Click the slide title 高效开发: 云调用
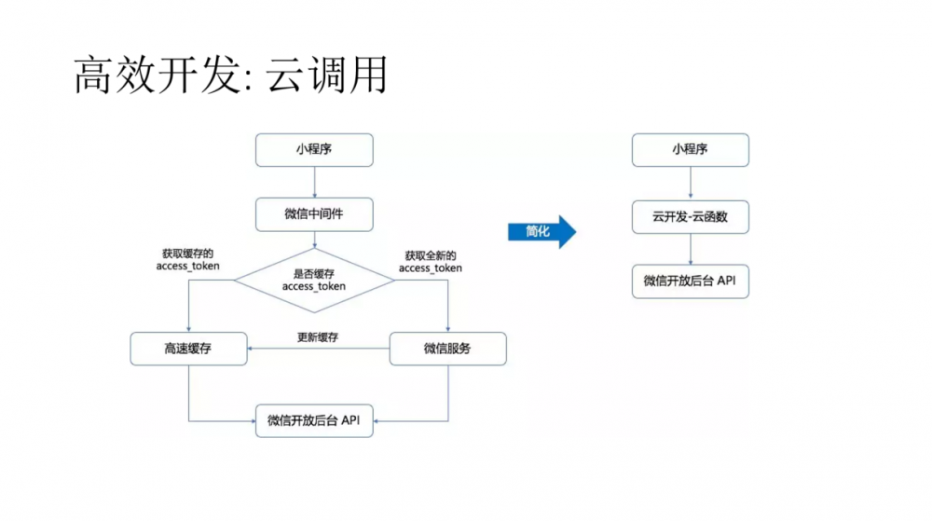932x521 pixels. tap(229, 75)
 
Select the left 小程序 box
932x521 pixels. tap(314, 150)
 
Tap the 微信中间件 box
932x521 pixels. tap(314, 214)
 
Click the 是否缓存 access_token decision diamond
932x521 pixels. tap(314, 280)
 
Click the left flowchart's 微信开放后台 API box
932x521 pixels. tap(314, 420)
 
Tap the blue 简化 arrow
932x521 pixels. tap(541, 231)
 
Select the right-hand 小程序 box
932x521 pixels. tap(690, 150)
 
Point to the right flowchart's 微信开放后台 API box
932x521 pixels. tap(690, 281)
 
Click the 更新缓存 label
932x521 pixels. tap(317, 336)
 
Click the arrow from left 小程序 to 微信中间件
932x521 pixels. tap(314, 183)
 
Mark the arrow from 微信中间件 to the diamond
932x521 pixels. tap(314, 240)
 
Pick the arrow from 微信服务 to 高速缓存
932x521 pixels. tap(317, 349)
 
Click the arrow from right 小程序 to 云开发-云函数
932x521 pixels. tap(690, 183)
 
